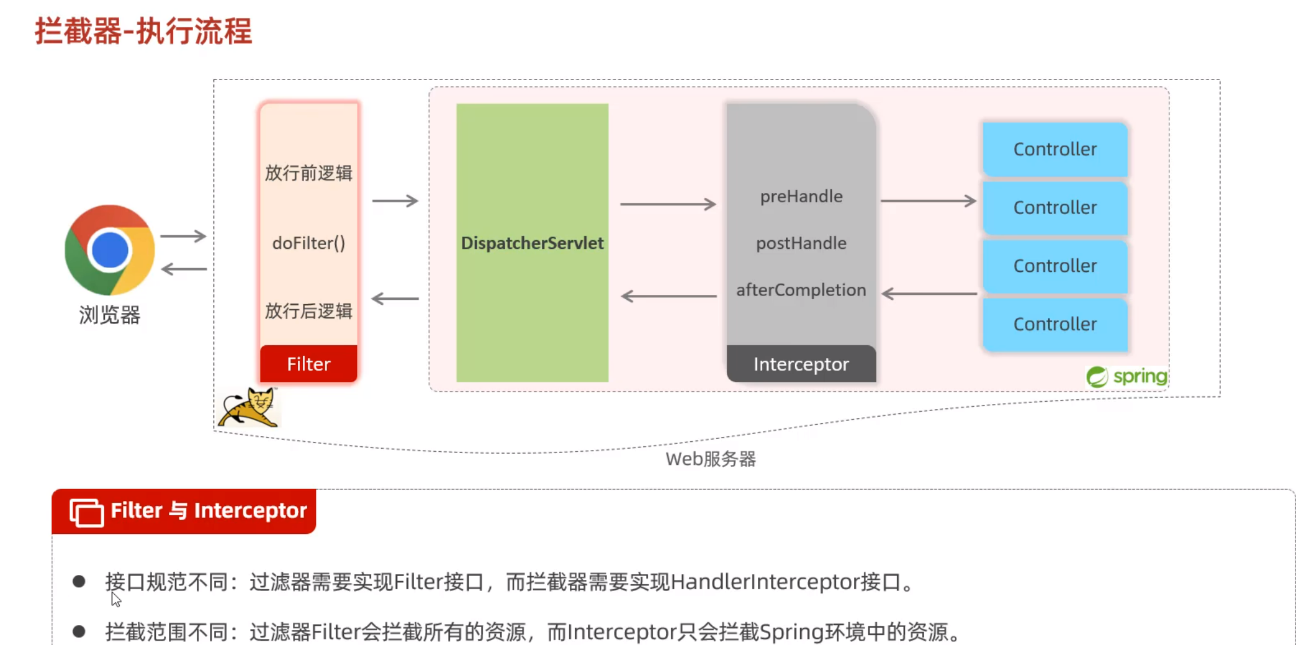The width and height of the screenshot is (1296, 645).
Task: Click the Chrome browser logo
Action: [110, 250]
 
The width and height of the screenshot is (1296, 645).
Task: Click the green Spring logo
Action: [1127, 377]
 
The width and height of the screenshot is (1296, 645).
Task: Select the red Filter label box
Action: [308, 364]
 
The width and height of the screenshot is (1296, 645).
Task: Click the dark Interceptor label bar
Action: [801, 364]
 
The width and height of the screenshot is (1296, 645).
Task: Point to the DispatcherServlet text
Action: [532, 243]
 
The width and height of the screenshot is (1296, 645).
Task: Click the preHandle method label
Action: [801, 197]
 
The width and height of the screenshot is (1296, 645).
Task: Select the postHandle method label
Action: [801, 243]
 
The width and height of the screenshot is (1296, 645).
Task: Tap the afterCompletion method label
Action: [801, 290]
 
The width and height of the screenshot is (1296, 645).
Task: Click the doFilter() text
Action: [308, 243]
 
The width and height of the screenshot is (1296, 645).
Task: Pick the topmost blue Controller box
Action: [1055, 149]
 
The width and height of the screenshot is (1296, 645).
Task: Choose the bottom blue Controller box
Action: [1055, 324]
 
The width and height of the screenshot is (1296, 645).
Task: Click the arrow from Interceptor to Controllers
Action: [928, 201]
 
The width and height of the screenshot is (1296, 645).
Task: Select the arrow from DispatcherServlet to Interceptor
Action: [668, 204]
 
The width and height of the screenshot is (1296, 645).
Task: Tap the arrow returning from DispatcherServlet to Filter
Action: [395, 299]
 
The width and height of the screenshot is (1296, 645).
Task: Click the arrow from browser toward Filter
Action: [183, 236]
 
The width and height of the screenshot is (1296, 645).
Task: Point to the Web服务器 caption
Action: [711, 459]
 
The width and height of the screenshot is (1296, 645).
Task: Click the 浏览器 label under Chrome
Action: [110, 315]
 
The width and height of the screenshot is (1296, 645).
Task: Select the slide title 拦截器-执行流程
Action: [143, 31]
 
